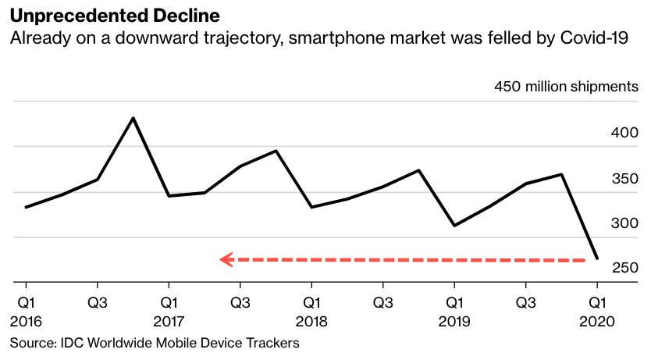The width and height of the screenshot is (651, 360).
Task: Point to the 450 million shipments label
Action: click(x=566, y=87)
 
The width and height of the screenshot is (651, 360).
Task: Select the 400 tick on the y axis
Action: click(x=624, y=134)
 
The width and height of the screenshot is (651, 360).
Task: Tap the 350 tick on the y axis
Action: click(x=624, y=179)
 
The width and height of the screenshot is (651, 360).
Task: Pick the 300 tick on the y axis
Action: click(x=624, y=223)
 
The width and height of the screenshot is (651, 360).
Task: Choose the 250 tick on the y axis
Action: click(x=624, y=268)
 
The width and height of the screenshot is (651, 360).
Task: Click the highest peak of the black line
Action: click(x=133, y=118)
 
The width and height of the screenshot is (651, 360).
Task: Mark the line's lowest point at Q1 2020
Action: click(x=597, y=258)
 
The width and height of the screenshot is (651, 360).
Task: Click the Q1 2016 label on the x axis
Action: click(x=26, y=311)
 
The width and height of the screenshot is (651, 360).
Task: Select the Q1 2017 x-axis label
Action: click(x=169, y=311)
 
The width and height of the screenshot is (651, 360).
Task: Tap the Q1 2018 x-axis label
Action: click(x=311, y=311)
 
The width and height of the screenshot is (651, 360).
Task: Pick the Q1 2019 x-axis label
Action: click(x=454, y=311)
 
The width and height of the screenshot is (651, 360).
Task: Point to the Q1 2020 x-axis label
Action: click(x=597, y=311)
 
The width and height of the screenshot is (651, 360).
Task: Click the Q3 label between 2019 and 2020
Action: click(x=525, y=301)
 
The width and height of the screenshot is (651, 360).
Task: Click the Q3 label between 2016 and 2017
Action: click(x=97, y=301)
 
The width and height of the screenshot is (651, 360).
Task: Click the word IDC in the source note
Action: click(x=71, y=343)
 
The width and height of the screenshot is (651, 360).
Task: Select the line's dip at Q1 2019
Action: click(x=454, y=226)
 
